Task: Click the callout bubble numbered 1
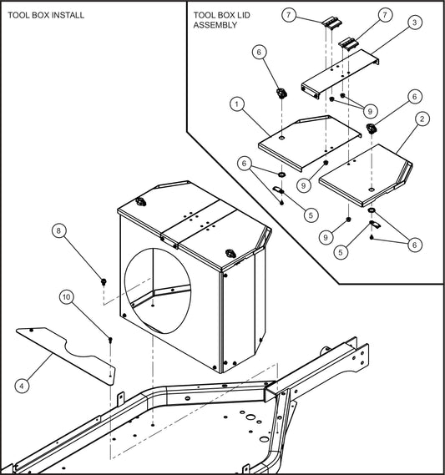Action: pyautogui.click(x=238, y=105)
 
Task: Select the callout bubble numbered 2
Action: pyautogui.click(x=423, y=119)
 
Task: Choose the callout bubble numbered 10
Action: pyautogui.click(x=66, y=296)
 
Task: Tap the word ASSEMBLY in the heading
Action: pyautogui.click(x=216, y=25)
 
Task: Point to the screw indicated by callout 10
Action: pyautogui.click(x=110, y=339)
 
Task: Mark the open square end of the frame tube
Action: pyautogui.click(x=269, y=389)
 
